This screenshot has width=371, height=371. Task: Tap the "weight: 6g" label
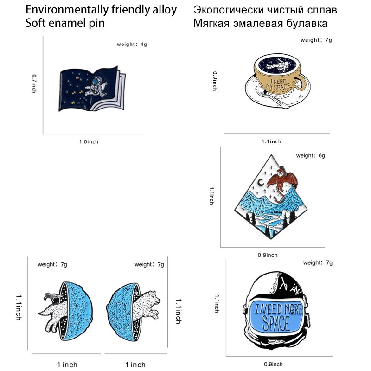click(310, 156)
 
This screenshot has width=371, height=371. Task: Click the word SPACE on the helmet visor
click(277, 322)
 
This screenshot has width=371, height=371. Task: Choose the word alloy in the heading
click(164, 10)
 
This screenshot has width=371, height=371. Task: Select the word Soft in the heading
click(35, 23)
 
